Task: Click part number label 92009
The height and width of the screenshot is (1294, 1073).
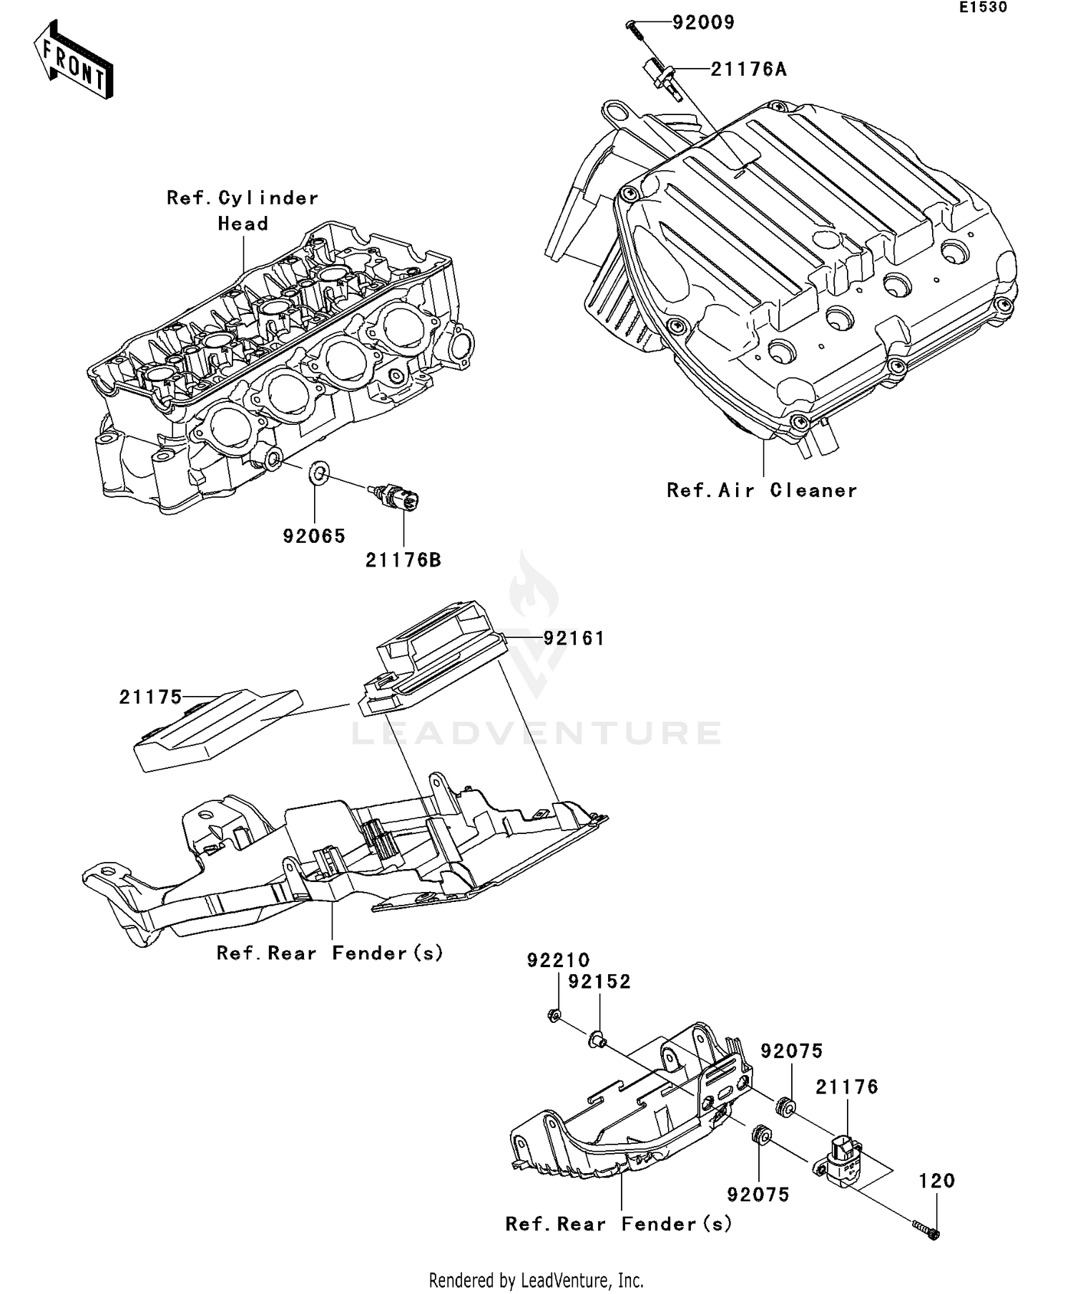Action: (703, 23)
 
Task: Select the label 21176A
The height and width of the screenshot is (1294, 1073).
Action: (748, 69)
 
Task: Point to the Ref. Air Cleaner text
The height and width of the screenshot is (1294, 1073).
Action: (762, 491)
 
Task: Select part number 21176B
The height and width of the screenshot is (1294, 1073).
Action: (403, 560)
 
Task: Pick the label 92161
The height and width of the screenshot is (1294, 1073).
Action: (574, 638)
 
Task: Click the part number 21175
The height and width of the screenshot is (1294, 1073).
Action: (150, 697)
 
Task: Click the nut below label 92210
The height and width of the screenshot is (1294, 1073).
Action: (554, 1015)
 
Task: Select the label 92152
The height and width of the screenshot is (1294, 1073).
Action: (599, 982)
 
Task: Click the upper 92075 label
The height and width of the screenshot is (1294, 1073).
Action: (792, 1052)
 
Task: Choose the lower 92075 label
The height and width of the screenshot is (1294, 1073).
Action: (758, 1195)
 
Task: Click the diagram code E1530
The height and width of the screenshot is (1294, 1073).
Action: (984, 8)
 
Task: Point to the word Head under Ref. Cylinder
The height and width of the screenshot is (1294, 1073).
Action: (243, 224)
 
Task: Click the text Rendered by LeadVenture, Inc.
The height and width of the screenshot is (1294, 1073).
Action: (536, 1280)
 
